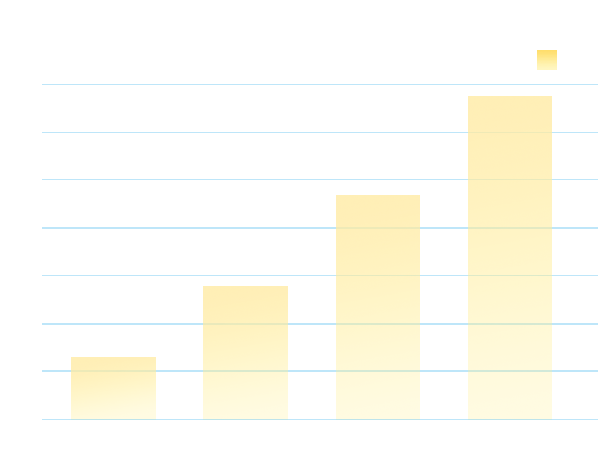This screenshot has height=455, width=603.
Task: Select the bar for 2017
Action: [114, 387]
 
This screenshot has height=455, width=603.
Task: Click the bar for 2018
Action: [246, 352]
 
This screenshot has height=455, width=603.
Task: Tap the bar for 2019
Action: [378, 307]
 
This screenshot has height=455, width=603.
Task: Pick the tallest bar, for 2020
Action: [510, 257]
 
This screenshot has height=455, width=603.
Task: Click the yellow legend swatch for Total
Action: [547, 60]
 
